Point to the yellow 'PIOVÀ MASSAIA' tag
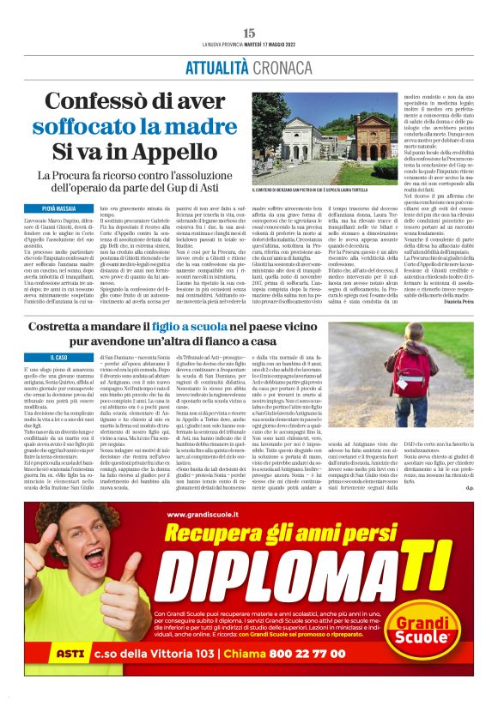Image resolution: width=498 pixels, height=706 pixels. [59, 208]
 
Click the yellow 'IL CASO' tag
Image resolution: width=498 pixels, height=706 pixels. [59, 356]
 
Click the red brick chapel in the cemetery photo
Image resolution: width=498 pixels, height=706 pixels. [375, 138]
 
